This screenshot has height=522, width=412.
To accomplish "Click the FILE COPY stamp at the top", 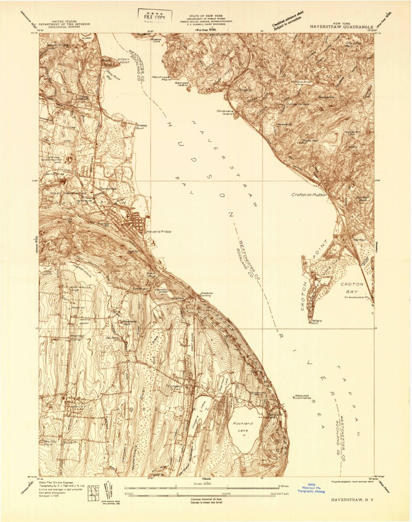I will (x=155, y=16).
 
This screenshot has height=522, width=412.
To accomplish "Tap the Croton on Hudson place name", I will (x=309, y=195).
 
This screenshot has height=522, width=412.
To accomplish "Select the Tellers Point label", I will (x=317, y=322).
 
